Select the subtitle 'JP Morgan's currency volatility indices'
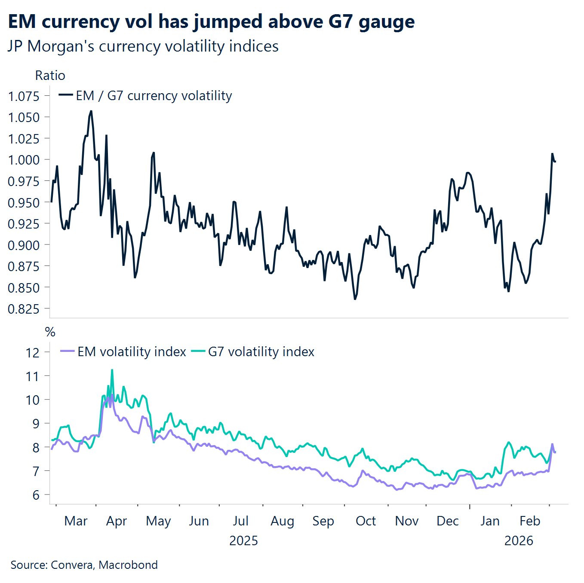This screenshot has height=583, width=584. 143,46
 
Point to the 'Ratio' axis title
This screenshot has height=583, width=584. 50,76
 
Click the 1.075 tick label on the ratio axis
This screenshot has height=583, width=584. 24,96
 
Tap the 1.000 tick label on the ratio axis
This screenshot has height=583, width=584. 24,160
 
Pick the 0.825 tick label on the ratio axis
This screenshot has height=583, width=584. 24,309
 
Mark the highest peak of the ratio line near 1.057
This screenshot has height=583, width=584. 91,111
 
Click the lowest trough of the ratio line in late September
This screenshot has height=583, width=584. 355,299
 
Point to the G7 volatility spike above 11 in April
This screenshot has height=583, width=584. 112,370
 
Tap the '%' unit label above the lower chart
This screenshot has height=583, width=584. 50,332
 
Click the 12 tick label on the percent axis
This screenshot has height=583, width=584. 33,353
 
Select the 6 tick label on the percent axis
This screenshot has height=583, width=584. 36,495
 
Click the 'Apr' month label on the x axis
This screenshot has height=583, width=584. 116,521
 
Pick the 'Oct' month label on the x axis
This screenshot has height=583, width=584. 366,521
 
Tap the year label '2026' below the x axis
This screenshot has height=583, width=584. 519,540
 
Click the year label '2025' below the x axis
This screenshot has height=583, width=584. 243,540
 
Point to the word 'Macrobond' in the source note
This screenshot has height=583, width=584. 128,565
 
